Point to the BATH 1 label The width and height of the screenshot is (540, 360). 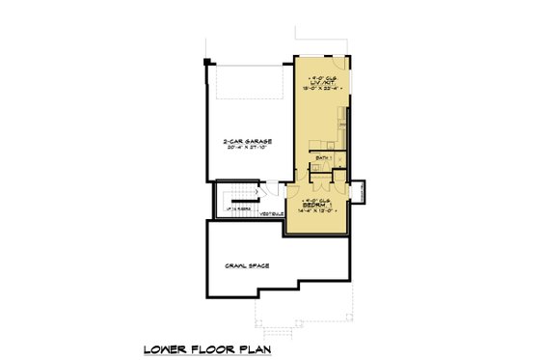tap(323, 156)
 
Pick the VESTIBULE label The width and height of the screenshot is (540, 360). tap(271, 213)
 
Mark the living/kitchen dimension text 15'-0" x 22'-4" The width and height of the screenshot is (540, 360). tap(321, 90)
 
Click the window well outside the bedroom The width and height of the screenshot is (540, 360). tap(358, 191)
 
